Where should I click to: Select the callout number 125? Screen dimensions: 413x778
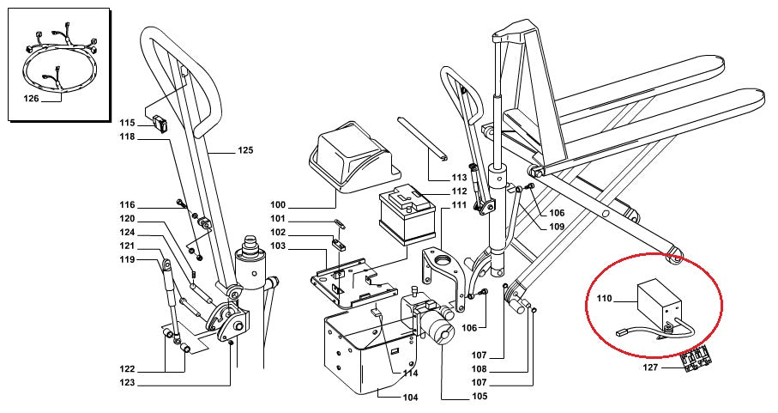244,150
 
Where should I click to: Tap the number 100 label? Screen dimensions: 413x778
277,205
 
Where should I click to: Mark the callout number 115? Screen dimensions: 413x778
128,122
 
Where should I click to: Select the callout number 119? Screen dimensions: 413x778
128,259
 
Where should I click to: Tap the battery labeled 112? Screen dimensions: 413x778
407,217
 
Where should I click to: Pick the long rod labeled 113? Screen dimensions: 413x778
423,137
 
